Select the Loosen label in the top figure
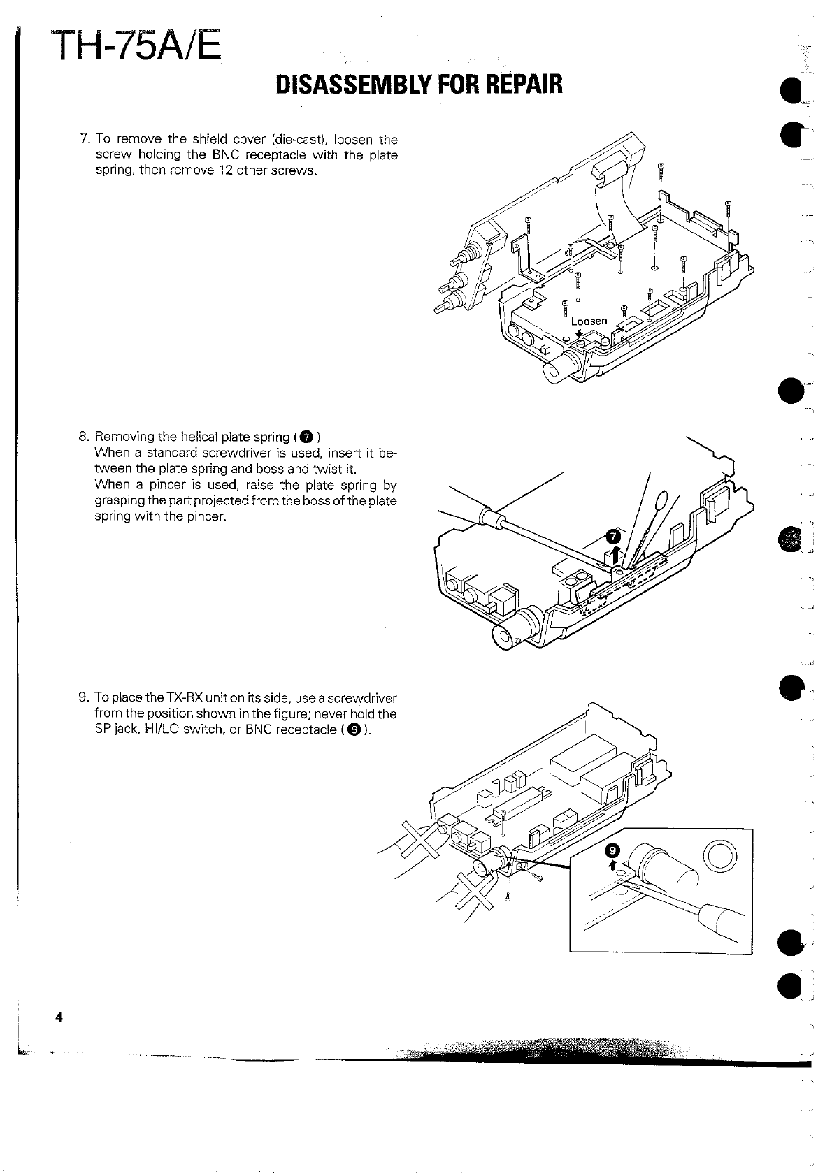point(589,321)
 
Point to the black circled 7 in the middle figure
point(612,537)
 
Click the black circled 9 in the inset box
point(612,850)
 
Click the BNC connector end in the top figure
point(557,373)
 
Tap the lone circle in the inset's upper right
point(720,855)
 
